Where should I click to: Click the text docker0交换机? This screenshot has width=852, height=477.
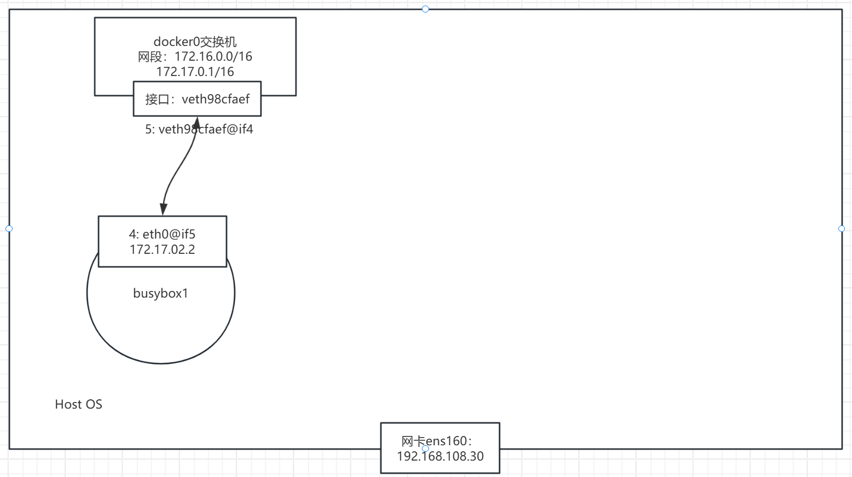tap(195, 42)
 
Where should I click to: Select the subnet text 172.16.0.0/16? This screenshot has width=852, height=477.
tap(213, 56)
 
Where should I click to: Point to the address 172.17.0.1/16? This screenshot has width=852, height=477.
tap(195, 72)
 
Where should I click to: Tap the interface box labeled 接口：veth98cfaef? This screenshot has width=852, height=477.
tap(197, 99)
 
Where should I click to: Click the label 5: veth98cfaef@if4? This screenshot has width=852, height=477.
tap(199, 130)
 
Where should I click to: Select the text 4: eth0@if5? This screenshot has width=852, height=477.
tap(162, 234)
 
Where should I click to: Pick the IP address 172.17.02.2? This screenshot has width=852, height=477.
tap(162, 249)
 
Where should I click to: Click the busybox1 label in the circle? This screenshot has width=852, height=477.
tap(160, 293)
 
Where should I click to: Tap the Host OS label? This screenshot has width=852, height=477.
tap(78, 404)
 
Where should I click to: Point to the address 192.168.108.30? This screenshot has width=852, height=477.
tap(440, 456)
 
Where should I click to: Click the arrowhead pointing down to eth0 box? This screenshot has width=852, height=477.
tap(163, 210)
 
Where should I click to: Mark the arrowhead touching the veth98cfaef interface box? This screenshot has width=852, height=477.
tap(196, 121)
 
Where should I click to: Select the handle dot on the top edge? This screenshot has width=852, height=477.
tap(425, 9)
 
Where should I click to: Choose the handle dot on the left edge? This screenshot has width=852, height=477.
tap(9, 229)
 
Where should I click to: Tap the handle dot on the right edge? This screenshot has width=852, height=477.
tap(842, 229)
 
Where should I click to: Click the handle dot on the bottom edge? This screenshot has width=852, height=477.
tap(425, 449)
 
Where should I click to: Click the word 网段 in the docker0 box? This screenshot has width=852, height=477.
tap(150, 56)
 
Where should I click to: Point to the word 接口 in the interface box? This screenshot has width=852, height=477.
tap(157, 100)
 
